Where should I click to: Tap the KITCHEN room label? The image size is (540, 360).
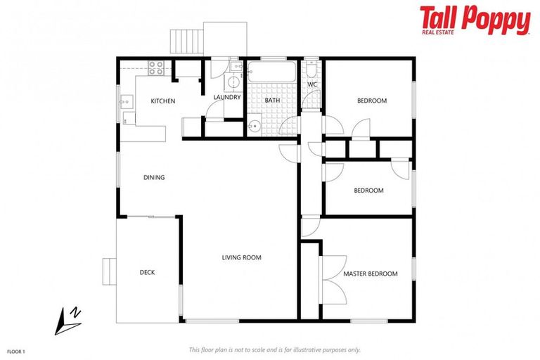tap(163, 101)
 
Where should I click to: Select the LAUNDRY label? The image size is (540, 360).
tap(227, 97)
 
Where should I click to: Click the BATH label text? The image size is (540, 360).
tap(272, 101)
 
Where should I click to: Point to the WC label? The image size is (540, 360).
tap(312, 85)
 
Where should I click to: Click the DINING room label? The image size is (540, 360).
tap(154, 177)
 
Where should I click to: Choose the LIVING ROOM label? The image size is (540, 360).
tap(241, 257)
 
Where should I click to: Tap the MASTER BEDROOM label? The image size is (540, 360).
tap(370, 274)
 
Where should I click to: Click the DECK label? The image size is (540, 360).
tap(147, 272)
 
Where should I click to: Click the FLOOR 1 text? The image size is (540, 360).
tap(16, 350)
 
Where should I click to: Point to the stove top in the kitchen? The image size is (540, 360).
tap(156, 68)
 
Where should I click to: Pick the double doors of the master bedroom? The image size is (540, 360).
tap(324, 278)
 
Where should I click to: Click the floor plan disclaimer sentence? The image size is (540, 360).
tap(274, 349)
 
